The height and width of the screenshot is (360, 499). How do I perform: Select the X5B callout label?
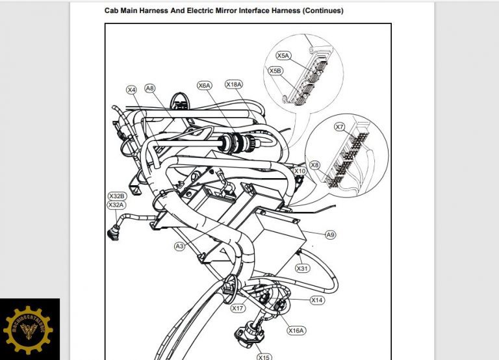pyautogui.click(x=275, y=70)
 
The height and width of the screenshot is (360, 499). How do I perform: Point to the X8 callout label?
pyautogui.click(x=314, y=165)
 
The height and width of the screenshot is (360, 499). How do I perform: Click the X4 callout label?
pyautogui.click(x=132, y=89)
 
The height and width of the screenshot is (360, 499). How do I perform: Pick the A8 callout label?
pyautogui.click(x=150, y=88)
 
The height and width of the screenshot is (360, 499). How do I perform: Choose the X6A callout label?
pyautogui.click(x=205, y=85)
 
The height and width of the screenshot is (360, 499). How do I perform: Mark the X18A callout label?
pyautogui.click(x=234, y=84)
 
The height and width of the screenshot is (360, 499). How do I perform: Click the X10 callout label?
pyautogui.click(x=300, y=171)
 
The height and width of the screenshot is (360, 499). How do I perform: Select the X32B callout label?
pyautogui.click(x=116, y=196)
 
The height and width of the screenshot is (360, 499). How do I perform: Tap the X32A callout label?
pyautogui.click(x=116, y=205)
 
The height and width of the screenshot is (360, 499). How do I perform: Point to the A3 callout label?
pyautogui.click(x=180, y=246)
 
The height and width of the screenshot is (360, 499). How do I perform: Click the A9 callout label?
pyautogui.click(x=330, y=235)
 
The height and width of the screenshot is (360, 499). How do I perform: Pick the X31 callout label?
pyautogui.click(x=302, y=268)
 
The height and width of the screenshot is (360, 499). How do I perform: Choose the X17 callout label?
pyautogui.click(x=238, y=308)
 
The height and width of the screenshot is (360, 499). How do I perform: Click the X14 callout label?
pyautogui.click(x=317, y=300)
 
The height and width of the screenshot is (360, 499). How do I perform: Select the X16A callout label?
pyautogui.click(x=296, y=330)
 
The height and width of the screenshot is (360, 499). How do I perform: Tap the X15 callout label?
pyautogui.click(x=264, y=357)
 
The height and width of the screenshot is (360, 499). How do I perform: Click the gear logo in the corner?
pyautogui.click(x=29, y=329)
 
